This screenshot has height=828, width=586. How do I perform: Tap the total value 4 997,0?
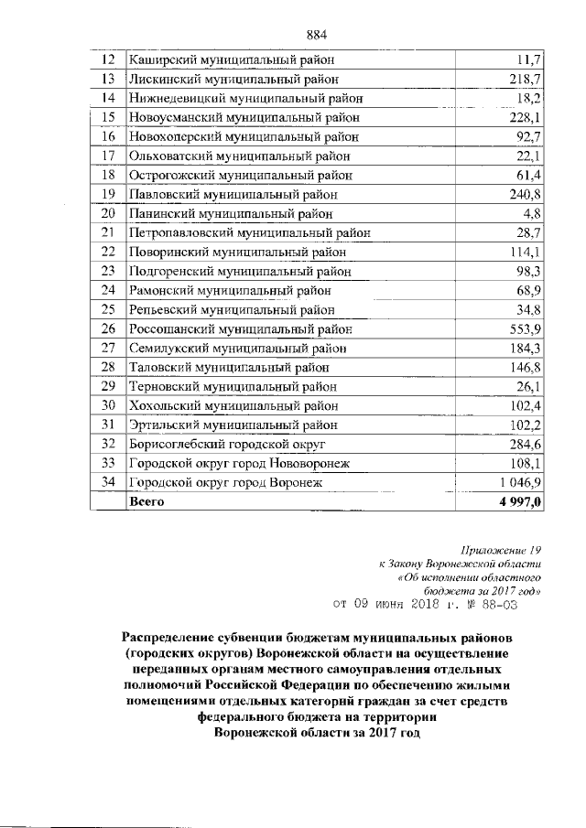520,502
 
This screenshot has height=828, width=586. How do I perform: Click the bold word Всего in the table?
148,502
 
